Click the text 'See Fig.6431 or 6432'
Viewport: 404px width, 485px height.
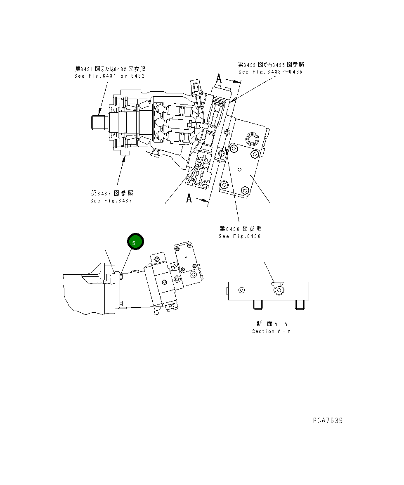pos(109,76)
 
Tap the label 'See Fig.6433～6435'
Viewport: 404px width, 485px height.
pos(270,72)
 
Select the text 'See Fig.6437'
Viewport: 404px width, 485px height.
pos(111,201)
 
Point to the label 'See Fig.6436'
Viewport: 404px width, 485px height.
pos(240,236)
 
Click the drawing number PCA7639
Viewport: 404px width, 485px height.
pos(327,421)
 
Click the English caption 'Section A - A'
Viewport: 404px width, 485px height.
pos(271,331)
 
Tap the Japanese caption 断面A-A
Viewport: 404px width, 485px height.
pos(271,324)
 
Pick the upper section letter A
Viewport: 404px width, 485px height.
pos(219,78)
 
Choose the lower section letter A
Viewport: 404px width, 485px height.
pos(189,198)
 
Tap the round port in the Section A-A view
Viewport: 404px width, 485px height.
pos(279,290)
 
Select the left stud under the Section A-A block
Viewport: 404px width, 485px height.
pos(258,304)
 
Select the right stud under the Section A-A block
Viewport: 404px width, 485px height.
pos(300,304)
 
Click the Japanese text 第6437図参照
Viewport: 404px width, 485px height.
pos(112,193)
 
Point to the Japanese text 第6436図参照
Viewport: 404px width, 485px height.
pos(241,228)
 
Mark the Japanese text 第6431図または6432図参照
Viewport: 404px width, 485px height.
pos(110,69)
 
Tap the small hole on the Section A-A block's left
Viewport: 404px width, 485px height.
pos(242,290)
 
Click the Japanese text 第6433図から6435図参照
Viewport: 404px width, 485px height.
pos(271,64)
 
